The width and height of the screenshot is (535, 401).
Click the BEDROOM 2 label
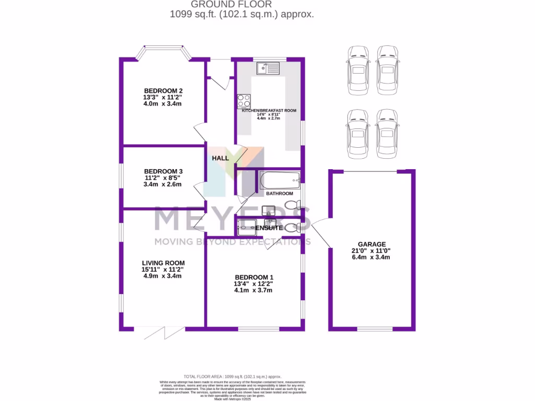(x=163, y=90)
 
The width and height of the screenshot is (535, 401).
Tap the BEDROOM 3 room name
(x=163, y=171)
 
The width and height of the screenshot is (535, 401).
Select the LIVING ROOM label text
(x=163, y=263)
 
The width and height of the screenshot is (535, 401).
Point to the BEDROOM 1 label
(x=254, y=277)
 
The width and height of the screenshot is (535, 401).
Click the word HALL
(x=220, y=158)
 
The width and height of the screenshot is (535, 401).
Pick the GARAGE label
(x=371, y=244)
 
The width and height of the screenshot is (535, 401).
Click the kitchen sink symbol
(x=268, y=68)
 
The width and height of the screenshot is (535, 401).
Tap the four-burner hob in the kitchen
(x=243, y=100)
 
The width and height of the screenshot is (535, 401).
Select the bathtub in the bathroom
(x=280, y=181)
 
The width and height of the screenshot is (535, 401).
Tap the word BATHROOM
(x=280, y=194)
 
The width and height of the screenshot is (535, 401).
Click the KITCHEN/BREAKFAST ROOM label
(x=269, y=110)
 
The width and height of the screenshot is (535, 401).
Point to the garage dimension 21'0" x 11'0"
(x=371, y=251)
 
